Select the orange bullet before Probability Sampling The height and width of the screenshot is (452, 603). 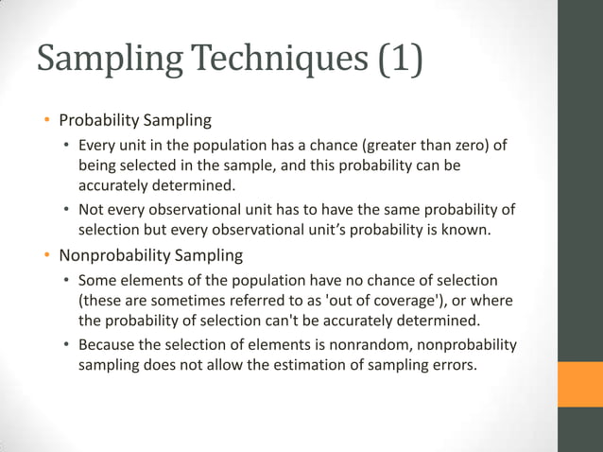point(44,120)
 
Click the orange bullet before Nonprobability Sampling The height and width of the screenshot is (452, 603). point(44,255)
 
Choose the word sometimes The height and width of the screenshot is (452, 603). point(165,300)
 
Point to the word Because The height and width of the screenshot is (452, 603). point(109,344)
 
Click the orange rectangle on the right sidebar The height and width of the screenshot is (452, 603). point(579,384)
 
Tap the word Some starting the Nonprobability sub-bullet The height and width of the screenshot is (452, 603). point(96,280)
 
